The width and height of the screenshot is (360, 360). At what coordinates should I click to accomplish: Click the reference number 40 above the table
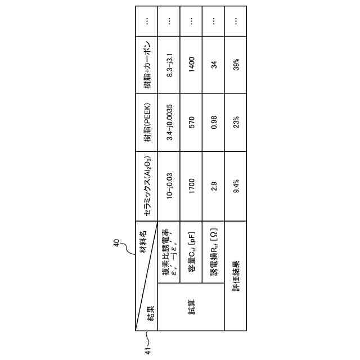tap(116, 244)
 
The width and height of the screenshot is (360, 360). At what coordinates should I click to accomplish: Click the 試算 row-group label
tap(191, 308)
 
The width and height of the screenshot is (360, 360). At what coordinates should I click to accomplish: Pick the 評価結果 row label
tap(236, 276)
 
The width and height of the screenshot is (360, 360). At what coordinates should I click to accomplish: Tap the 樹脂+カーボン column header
tap(147, 64)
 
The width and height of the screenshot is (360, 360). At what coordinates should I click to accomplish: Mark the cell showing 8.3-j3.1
tap(169, 64)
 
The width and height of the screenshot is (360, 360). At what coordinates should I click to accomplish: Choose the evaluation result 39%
tap(236, 64)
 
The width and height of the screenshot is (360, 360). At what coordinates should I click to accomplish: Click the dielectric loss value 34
tap(214, 64)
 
